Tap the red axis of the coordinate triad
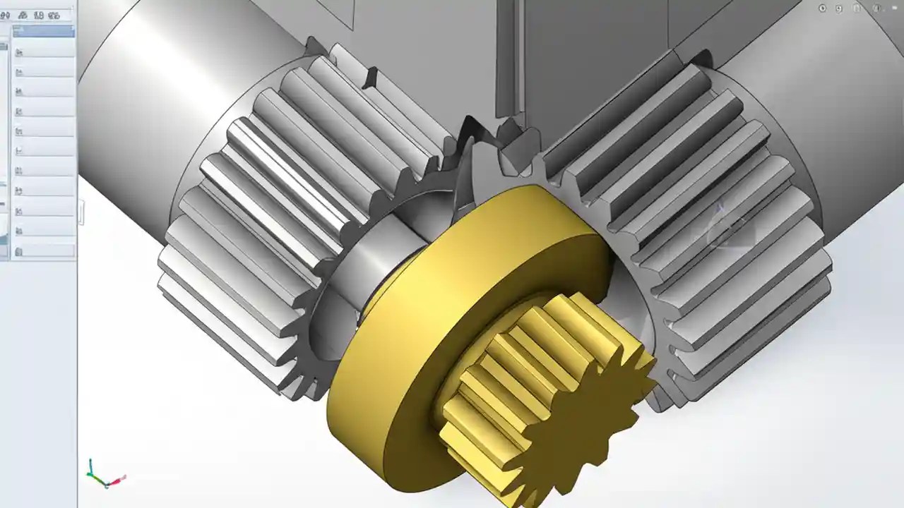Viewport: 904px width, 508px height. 119,480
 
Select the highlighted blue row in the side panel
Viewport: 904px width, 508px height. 44,31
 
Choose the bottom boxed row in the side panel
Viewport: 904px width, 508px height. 44,251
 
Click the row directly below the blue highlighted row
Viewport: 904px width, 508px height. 44,51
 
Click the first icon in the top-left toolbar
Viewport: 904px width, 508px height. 4,15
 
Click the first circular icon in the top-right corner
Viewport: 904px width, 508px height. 822,8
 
